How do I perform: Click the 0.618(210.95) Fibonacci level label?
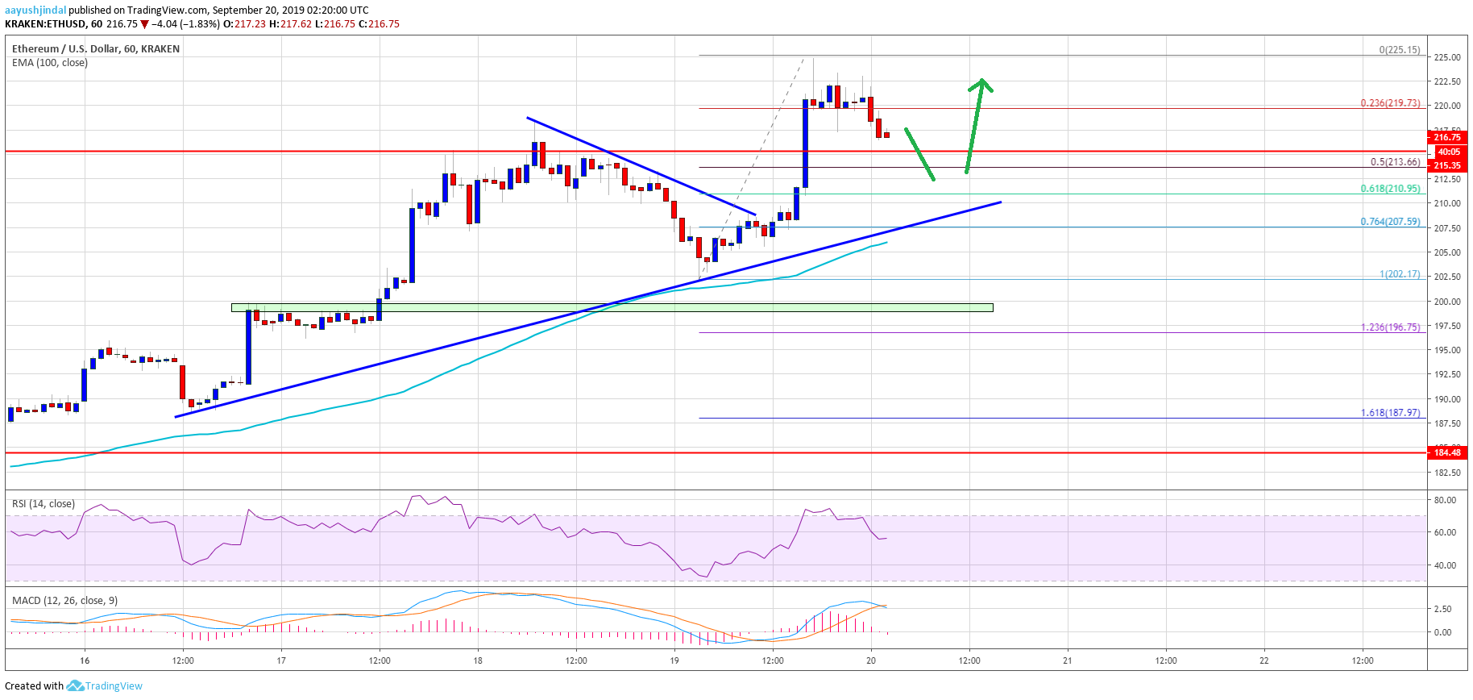coord(1390,189)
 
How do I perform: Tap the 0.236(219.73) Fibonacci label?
coord(1390,103)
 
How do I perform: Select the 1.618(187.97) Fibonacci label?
coord(1390,413)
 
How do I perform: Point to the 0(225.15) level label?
coord(1399,50)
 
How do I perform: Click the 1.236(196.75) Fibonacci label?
coord(1390,327)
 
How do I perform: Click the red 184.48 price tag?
coord(1447,452)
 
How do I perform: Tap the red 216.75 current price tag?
coord(1447,138)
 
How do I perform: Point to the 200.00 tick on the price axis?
coord(1446,302)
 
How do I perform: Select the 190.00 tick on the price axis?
coord(1446,399)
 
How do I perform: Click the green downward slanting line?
coord(919,154)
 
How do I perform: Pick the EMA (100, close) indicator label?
coord(50,63)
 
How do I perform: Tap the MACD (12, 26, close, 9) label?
coord(64,601)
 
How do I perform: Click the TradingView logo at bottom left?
coord(105,686)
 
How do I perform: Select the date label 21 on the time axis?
coord(1068,660)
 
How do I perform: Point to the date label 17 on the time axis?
coord(281,660)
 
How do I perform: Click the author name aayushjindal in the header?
coord(35,10)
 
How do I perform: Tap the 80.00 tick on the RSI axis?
coord(1445,500)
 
